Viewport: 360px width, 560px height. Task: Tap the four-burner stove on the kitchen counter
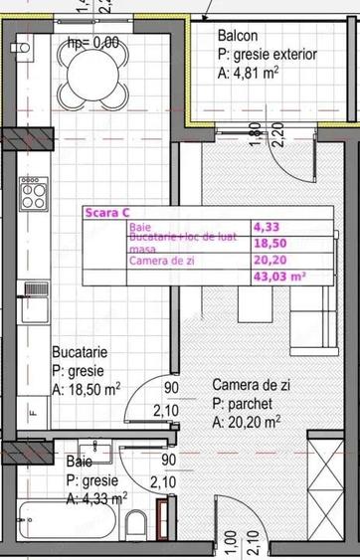coord(33,191)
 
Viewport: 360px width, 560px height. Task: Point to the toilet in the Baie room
coord(139,525)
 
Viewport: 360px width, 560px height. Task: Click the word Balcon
coord(239,37)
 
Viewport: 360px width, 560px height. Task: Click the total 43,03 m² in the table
coord(279,278)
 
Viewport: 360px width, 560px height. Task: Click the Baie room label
coord(80,463)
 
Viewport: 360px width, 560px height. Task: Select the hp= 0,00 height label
coord(92,42)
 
